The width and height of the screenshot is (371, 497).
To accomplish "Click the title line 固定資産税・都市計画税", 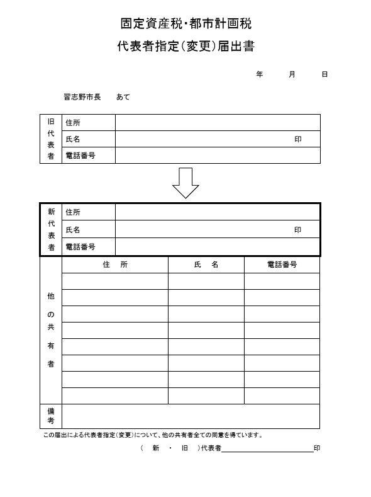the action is click(185, 24).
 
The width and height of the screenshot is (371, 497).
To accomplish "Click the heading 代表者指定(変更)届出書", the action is click(185, 47).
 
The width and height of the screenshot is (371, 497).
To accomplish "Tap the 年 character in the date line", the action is click(260, 74).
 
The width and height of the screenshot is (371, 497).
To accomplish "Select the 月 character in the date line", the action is click(292, 74).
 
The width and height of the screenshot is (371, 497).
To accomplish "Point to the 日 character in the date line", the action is click(324, 74).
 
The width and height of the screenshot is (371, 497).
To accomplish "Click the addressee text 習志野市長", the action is click(82, 97).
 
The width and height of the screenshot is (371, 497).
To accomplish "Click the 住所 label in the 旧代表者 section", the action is click(73, 123).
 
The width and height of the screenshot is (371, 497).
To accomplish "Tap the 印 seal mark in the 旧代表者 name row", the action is click(298, 139).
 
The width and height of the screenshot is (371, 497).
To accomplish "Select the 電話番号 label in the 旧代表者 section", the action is click(80, 155).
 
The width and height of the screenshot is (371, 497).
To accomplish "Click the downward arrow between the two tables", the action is click(185, 183).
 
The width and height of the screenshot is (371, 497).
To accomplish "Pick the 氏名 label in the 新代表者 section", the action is click(73, 230).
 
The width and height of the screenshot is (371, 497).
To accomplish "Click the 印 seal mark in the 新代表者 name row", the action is click(298, 230).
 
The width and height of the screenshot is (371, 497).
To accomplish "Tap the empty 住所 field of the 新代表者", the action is click(217, 212).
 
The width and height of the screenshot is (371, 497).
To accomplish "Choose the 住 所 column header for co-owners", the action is click(115, 265).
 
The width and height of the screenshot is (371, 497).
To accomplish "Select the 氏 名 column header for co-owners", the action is click(206, 265).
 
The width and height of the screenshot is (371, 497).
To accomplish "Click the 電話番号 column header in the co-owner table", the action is click(282, 265).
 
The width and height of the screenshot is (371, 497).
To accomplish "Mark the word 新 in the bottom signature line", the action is click(155, 448).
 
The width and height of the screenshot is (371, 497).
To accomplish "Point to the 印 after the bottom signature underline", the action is click(317, 448).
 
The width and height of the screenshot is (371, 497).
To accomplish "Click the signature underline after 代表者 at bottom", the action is click(267, 450).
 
